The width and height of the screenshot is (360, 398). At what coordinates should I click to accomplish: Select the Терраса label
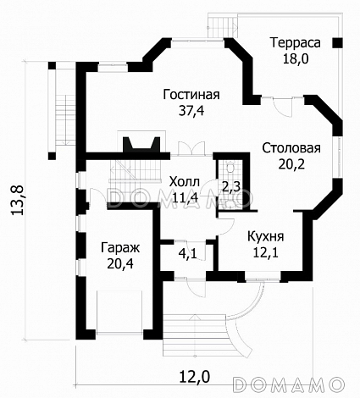point(294,41)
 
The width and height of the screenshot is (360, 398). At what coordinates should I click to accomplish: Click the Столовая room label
point(290,148)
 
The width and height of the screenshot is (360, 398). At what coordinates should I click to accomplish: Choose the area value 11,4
point(184,197)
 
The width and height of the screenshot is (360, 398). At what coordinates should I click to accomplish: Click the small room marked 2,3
point(230,185)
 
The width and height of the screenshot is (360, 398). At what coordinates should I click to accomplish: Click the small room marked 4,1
point(187,252)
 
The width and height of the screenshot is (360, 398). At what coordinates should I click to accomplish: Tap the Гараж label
point(119,247)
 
